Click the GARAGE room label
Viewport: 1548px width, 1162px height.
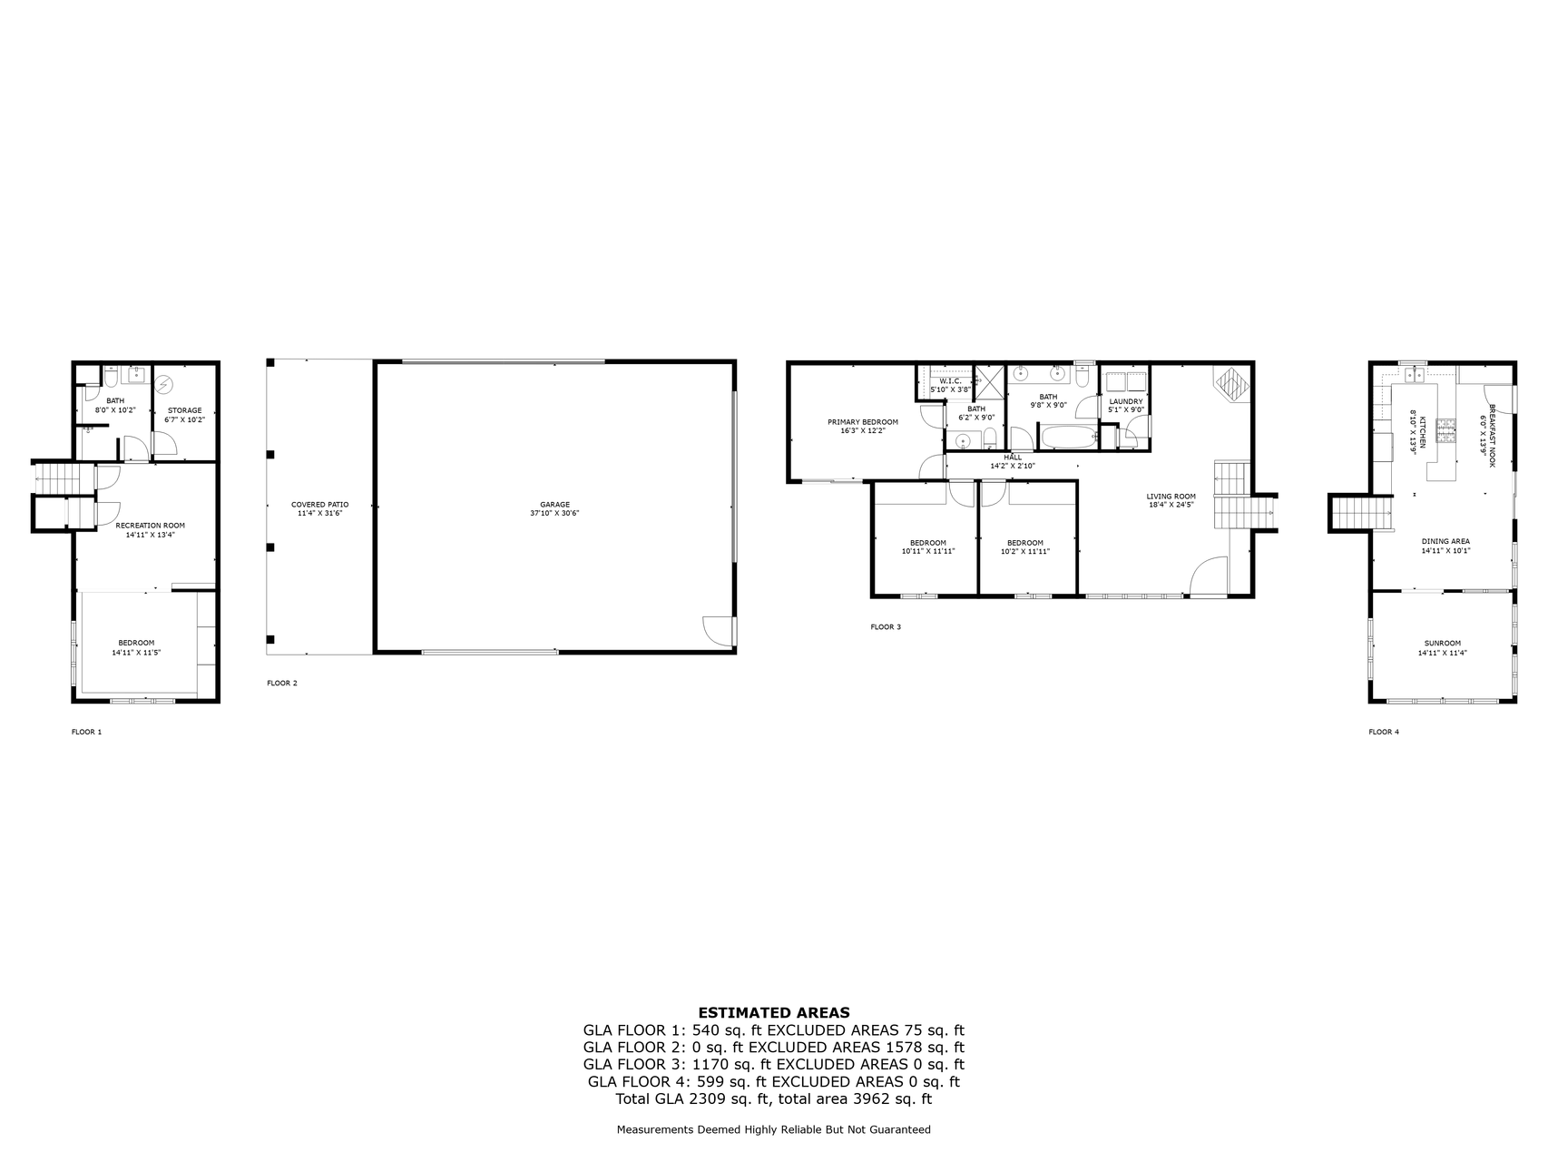[x=554, y=505]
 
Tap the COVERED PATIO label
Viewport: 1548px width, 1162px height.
[x=319, y=505]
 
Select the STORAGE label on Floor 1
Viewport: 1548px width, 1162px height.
[x=185, y=410]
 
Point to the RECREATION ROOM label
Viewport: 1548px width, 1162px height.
[x=151, y=526]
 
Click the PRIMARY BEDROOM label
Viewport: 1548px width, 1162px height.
[x=863, y=422]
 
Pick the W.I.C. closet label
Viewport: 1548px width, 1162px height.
[x=950, y=381]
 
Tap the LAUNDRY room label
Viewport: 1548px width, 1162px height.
[x=1126, y=401]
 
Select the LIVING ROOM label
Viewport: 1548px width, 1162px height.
[x=1171, y=497]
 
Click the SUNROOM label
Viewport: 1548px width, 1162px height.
[x=1443, y=644]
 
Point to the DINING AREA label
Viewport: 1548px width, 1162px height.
[x=1445, y=541]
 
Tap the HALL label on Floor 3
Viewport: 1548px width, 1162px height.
[x=1013, y=458]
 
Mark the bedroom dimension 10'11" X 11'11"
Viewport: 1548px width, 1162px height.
[x=928, y=551]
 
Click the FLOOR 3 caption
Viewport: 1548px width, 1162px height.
[x=886, y=627]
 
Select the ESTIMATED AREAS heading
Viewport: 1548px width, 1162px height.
[x=774, y=1013]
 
